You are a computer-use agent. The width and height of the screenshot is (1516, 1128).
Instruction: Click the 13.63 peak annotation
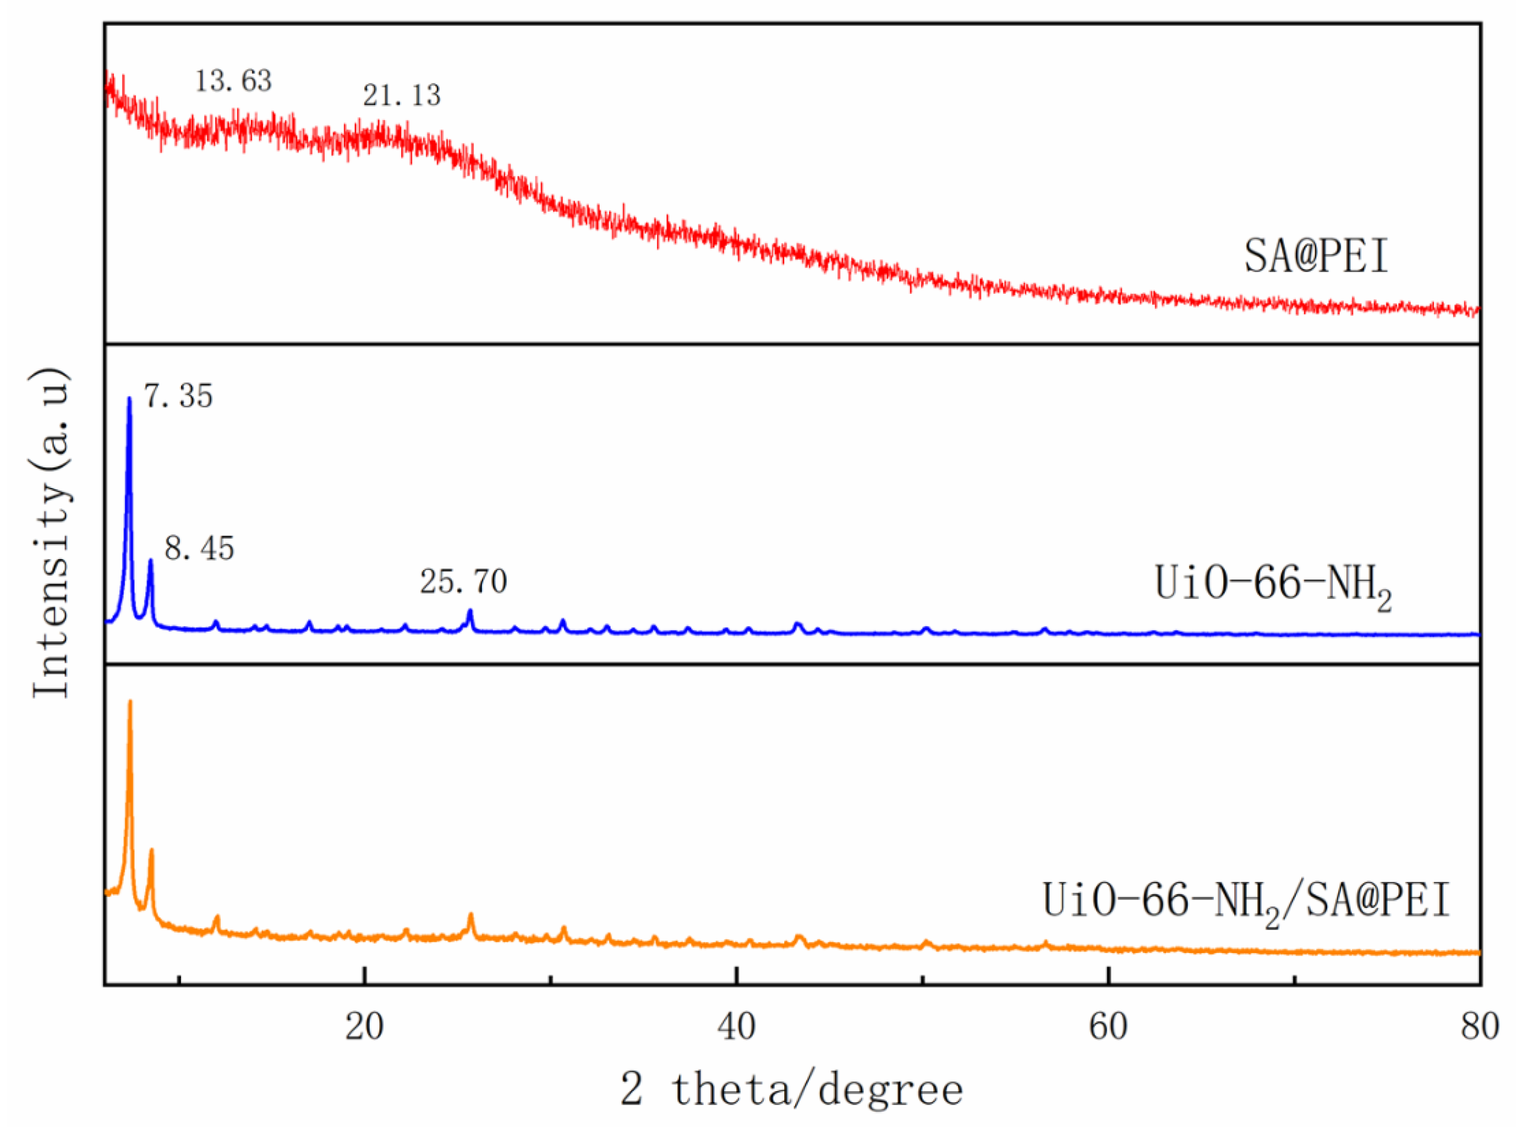point(233,81)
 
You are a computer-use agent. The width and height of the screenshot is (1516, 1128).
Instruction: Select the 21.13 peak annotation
point(402,95)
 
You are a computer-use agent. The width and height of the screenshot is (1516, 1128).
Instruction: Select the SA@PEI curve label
point(1316,257)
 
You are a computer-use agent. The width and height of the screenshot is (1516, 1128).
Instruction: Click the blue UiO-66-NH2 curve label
point(1272,585)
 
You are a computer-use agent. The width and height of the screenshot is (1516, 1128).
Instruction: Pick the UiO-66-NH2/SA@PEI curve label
point(1246,901)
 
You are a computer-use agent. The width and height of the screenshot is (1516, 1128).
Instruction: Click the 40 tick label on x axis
point(736,1027)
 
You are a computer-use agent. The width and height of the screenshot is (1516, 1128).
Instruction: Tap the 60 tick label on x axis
point(1108,1027)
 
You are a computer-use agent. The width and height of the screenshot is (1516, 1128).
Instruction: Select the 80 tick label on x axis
point(1479,1027)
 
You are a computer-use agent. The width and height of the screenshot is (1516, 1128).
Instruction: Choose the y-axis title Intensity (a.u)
point(52,533)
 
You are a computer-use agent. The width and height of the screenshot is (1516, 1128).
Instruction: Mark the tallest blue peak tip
point(129,399)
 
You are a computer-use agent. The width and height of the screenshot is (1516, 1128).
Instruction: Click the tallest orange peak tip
point(130,702)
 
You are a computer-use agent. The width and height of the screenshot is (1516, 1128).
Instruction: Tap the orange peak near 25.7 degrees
point(471,915)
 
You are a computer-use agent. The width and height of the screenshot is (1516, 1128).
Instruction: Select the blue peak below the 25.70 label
point(469,612)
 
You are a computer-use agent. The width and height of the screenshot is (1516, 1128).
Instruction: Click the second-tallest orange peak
point(151,851)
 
